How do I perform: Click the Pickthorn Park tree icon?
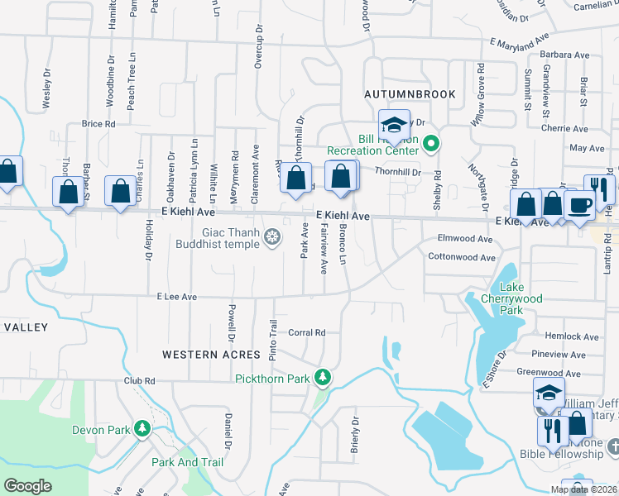point(323,379)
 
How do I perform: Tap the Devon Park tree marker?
point(143,430)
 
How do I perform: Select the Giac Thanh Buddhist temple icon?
point(271,240)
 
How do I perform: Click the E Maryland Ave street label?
point(520,40)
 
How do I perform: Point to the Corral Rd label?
point(307,332)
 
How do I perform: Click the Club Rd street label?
point(140,381)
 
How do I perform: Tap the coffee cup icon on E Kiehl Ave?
point(580,203)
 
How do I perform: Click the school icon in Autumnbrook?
point(394,126)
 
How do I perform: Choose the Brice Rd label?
point(98,124)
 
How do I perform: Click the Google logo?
point(27,485)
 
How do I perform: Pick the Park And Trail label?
point(188,462)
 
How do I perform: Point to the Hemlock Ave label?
point(572,336)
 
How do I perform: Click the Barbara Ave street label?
point(564,55)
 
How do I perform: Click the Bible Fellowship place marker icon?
point(612,447)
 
